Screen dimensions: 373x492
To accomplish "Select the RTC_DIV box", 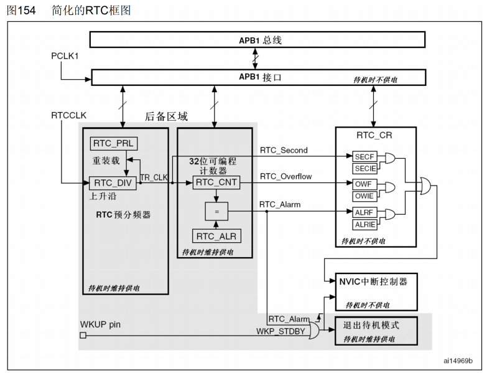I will tap(114, 182).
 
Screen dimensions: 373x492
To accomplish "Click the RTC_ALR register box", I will tap(215, 236).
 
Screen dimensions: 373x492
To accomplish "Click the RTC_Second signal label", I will tap(283, 150).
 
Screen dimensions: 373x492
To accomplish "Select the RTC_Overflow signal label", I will tap(286, 177).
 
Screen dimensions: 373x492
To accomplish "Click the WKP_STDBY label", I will tap(281, 331).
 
